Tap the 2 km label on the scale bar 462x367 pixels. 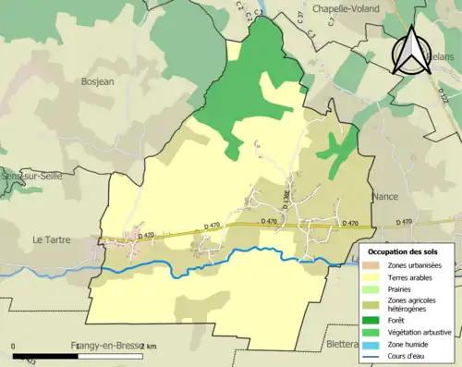point(149,346)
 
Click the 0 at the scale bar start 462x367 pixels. point(14,346)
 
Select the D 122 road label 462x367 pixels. point(444,93)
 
